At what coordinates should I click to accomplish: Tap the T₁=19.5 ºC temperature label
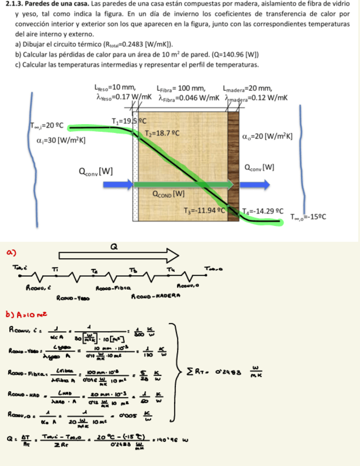click(x=127, y=121)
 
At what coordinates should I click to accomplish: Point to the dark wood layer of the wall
click(x=234, y=165)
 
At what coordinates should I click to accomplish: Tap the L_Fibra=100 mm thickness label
click(x=181, y=88)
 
